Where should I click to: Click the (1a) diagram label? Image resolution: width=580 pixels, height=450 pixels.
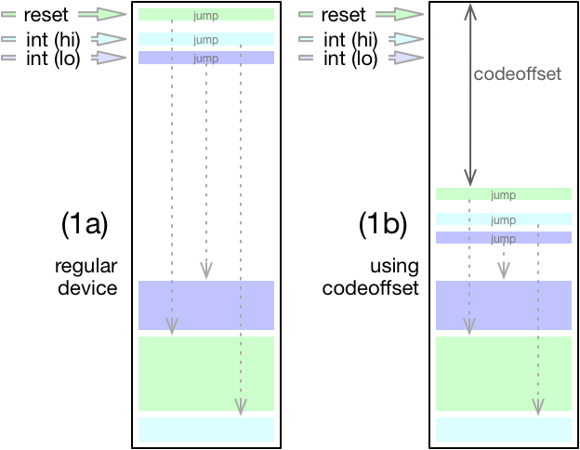coord(86,224)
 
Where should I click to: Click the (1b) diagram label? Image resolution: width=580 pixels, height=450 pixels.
coord(383,224)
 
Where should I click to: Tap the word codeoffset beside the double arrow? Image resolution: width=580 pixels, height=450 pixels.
coord(518,74)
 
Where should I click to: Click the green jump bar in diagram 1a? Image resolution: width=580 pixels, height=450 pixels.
coord(206,15)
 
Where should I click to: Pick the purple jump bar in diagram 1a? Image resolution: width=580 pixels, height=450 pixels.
coord(206,58)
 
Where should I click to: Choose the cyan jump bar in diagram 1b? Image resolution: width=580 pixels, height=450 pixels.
coord(503,220)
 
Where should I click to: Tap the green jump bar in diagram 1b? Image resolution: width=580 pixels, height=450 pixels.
coord(503,194)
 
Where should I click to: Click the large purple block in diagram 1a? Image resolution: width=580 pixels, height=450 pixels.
coord(206,305)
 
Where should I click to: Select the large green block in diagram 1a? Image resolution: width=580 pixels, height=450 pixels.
coord(206,374)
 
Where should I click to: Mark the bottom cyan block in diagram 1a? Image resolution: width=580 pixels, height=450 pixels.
coord(206,430)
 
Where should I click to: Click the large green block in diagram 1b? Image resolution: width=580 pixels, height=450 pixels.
coord(503,374)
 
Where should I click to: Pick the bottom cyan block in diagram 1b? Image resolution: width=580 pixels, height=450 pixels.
coord(503,430)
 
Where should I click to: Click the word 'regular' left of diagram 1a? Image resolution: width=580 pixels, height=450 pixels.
coord(86,267)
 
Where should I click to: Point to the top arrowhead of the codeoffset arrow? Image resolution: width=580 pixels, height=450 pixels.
coord(471,9)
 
